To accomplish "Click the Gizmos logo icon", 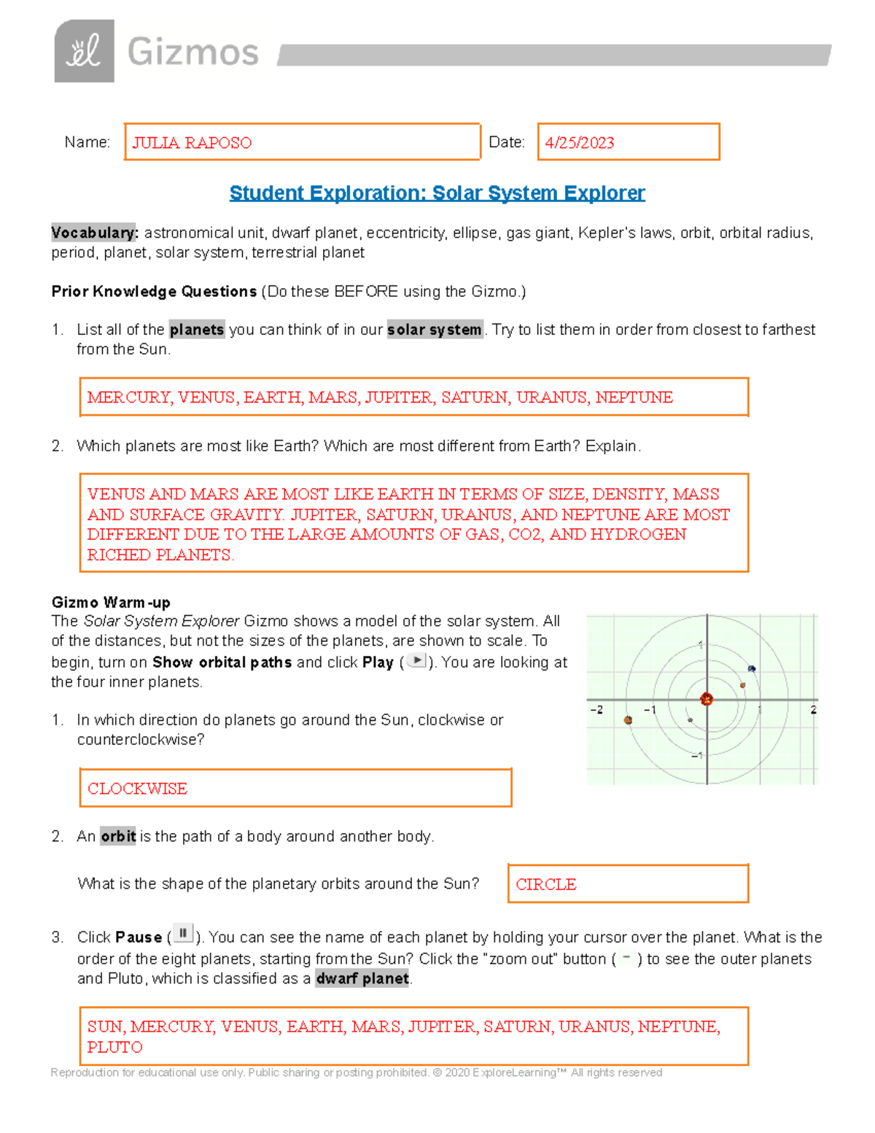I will coord(84,51).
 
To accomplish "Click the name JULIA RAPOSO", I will coord(192,143).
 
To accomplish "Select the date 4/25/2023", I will coord(580,143).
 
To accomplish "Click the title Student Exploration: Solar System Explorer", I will coord(437,193).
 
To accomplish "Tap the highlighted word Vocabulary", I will coord(94,233).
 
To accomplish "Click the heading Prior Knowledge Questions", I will coord(154,292).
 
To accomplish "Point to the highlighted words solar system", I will coord(435,330).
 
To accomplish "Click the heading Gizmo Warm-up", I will coord(111,603).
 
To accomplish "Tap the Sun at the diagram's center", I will coord(706,700).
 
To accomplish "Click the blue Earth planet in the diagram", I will coord(752,668).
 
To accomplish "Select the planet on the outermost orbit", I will coord(628,720).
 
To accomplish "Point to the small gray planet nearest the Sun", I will coord(690,720).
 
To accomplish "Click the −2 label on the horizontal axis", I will coord(596,710).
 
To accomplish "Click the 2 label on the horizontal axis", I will coord(813,710).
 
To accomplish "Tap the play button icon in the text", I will coord(416,661).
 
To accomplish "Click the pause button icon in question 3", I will coord(183,934).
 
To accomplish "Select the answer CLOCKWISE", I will coord(137,789).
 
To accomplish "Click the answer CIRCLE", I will coord(546,884).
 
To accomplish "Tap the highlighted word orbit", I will coord(118,836).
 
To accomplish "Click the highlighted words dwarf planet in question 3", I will coord(362,979).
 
